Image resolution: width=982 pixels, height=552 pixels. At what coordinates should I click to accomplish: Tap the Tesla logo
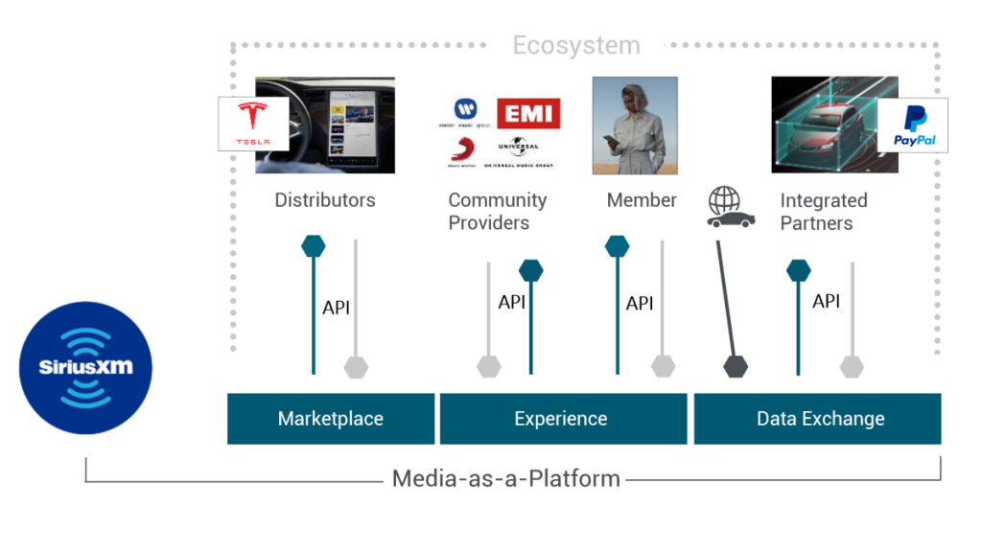(253, 124)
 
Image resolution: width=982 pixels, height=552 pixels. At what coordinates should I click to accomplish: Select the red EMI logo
(527, 113)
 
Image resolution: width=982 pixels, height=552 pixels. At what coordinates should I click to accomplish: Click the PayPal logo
(913, 125)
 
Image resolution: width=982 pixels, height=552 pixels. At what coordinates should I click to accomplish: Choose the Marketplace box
(330, 419)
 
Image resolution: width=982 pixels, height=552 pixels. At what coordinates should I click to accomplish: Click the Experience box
(562, 419)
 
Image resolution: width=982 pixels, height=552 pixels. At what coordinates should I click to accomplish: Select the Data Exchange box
(819, 419)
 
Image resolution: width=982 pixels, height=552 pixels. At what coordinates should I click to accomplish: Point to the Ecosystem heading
(575, 45)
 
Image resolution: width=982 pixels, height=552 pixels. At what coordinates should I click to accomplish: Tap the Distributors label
(325, 200)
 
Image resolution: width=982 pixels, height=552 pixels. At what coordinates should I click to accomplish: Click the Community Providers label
(497, 211)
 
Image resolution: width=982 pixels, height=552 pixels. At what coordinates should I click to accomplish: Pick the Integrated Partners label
(823, 212)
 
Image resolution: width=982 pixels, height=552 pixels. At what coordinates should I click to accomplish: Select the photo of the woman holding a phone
(635, 126)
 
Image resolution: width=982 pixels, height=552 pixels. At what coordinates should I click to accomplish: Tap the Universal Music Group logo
(518, 153)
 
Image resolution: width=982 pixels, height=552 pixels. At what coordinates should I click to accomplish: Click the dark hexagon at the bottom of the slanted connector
(736, 366)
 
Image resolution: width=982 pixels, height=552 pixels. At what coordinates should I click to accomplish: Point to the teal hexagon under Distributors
(313, 246)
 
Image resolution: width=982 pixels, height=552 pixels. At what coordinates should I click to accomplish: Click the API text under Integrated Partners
(826, 301)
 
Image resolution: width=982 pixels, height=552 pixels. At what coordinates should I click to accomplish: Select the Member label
(642, 200)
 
